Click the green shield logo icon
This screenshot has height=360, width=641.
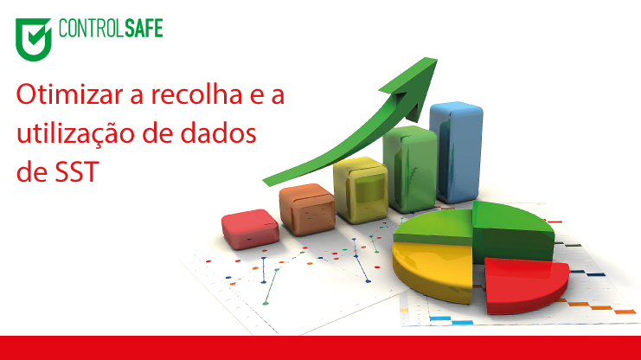[34, 39]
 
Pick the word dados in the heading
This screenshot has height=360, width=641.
[218, 133]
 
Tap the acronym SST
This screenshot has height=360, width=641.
[77, 171]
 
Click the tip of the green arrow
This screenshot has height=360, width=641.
[437, 60]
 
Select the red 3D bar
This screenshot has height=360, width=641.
[250, 229]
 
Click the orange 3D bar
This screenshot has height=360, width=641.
[307, 209]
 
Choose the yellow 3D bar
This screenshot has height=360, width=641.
[361, 190]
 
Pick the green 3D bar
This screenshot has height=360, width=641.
[410, 169]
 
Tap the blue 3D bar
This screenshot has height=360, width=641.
[457, 152]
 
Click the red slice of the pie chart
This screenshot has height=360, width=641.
[526, 285]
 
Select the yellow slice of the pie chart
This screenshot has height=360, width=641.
[433, 271]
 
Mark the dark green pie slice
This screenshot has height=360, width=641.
[512, 231]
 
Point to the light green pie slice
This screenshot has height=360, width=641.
[434, 227]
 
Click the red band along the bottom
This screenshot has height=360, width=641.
[320, 348]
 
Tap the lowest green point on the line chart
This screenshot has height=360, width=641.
[266, 303]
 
